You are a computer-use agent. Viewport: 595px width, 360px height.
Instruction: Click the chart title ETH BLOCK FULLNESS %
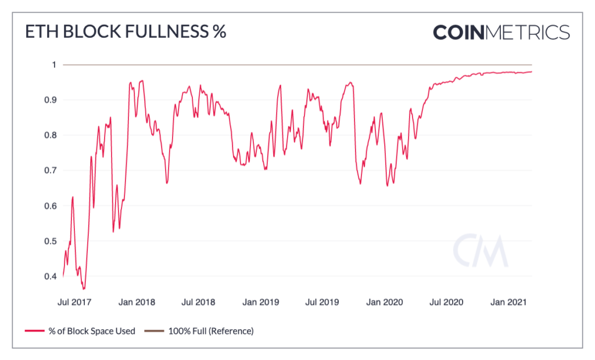(125, 32)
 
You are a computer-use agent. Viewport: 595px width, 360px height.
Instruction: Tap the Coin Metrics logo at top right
(501, 32)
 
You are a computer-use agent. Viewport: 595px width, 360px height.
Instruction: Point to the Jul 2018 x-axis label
(198, 302)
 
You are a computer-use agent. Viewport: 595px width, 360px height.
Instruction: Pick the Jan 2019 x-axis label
(261, 302)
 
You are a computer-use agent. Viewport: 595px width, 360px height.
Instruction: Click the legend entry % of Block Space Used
(87, 331)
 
